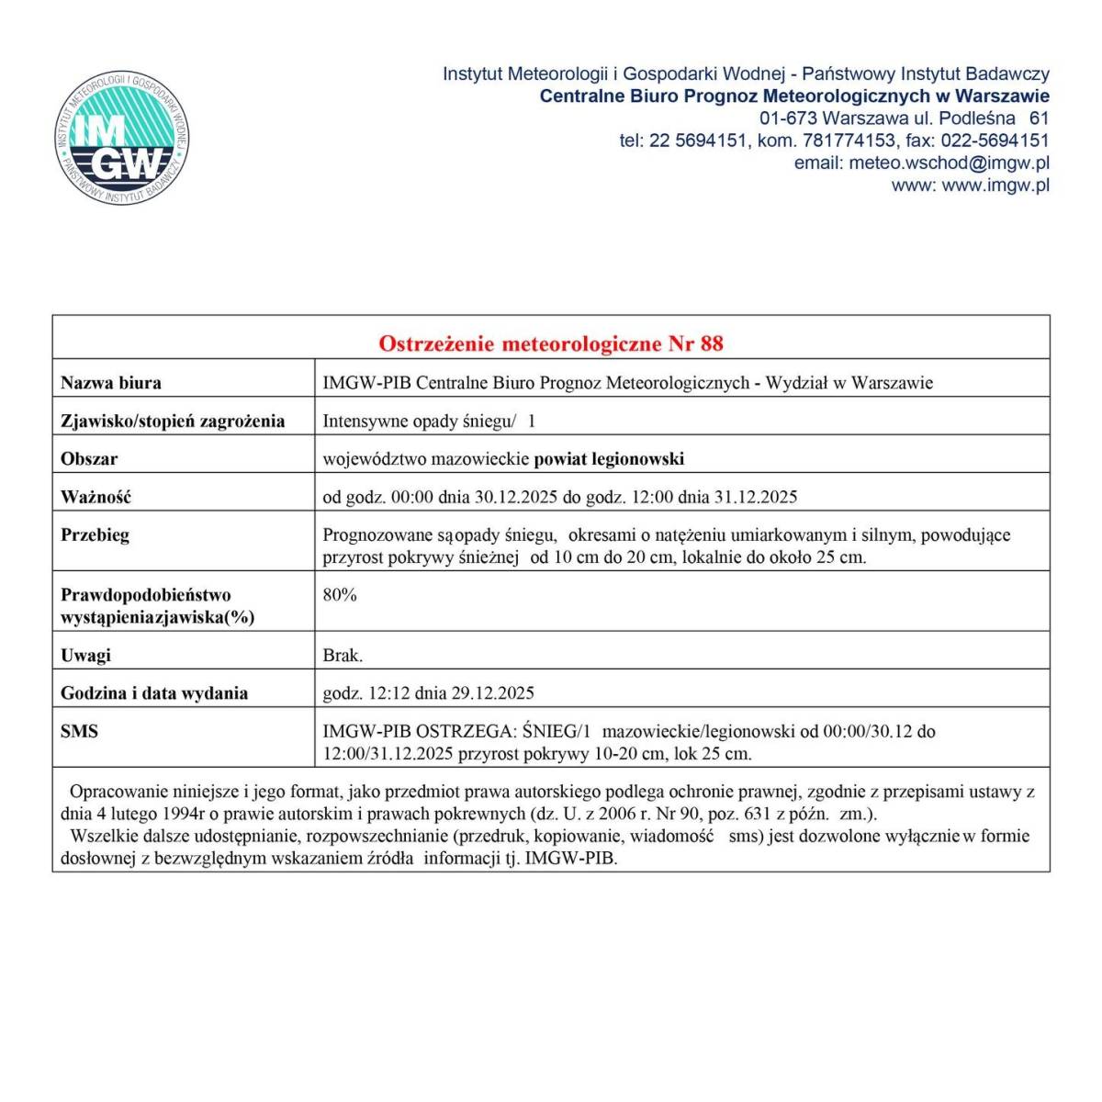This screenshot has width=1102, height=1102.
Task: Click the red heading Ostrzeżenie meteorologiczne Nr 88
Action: pos(551,343)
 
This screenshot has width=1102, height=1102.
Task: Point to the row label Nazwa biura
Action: pos(110,383)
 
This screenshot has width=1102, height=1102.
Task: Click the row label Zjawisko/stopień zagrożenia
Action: pos(173,421)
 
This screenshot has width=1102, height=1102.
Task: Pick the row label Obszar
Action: pos(89,458)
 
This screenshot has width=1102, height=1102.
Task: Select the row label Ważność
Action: pos(96,497)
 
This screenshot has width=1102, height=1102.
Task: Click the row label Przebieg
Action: pos(95,534)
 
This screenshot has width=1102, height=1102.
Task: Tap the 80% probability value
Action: pos(340,594)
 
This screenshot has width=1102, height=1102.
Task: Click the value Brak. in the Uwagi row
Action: pos(343,655)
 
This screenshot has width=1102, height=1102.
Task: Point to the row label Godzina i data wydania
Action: pos(154,693)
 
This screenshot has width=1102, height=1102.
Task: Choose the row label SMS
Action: pos(79,732)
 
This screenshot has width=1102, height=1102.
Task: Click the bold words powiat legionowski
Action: pos(609,458)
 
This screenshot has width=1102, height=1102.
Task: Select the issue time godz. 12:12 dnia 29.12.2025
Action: pos(428,693)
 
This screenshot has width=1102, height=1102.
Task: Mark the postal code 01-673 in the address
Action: pos(788,118)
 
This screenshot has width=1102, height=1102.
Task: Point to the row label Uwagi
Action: pos(85,655)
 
